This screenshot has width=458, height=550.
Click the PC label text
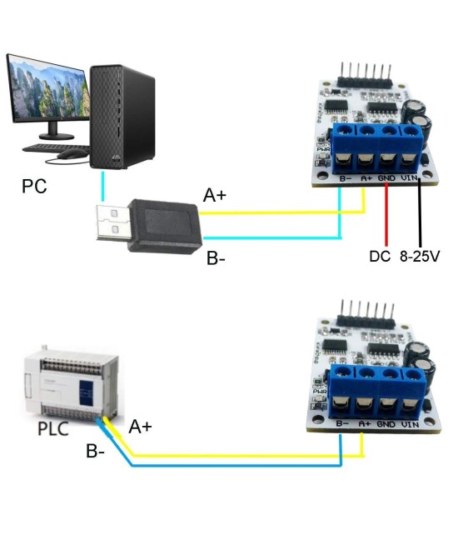[34, 185]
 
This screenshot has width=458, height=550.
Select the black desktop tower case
[123, 117]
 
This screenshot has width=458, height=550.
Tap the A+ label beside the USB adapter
[216, 196]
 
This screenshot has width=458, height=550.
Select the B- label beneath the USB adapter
[217, 259]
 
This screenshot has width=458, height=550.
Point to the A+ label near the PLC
[140, 427]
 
